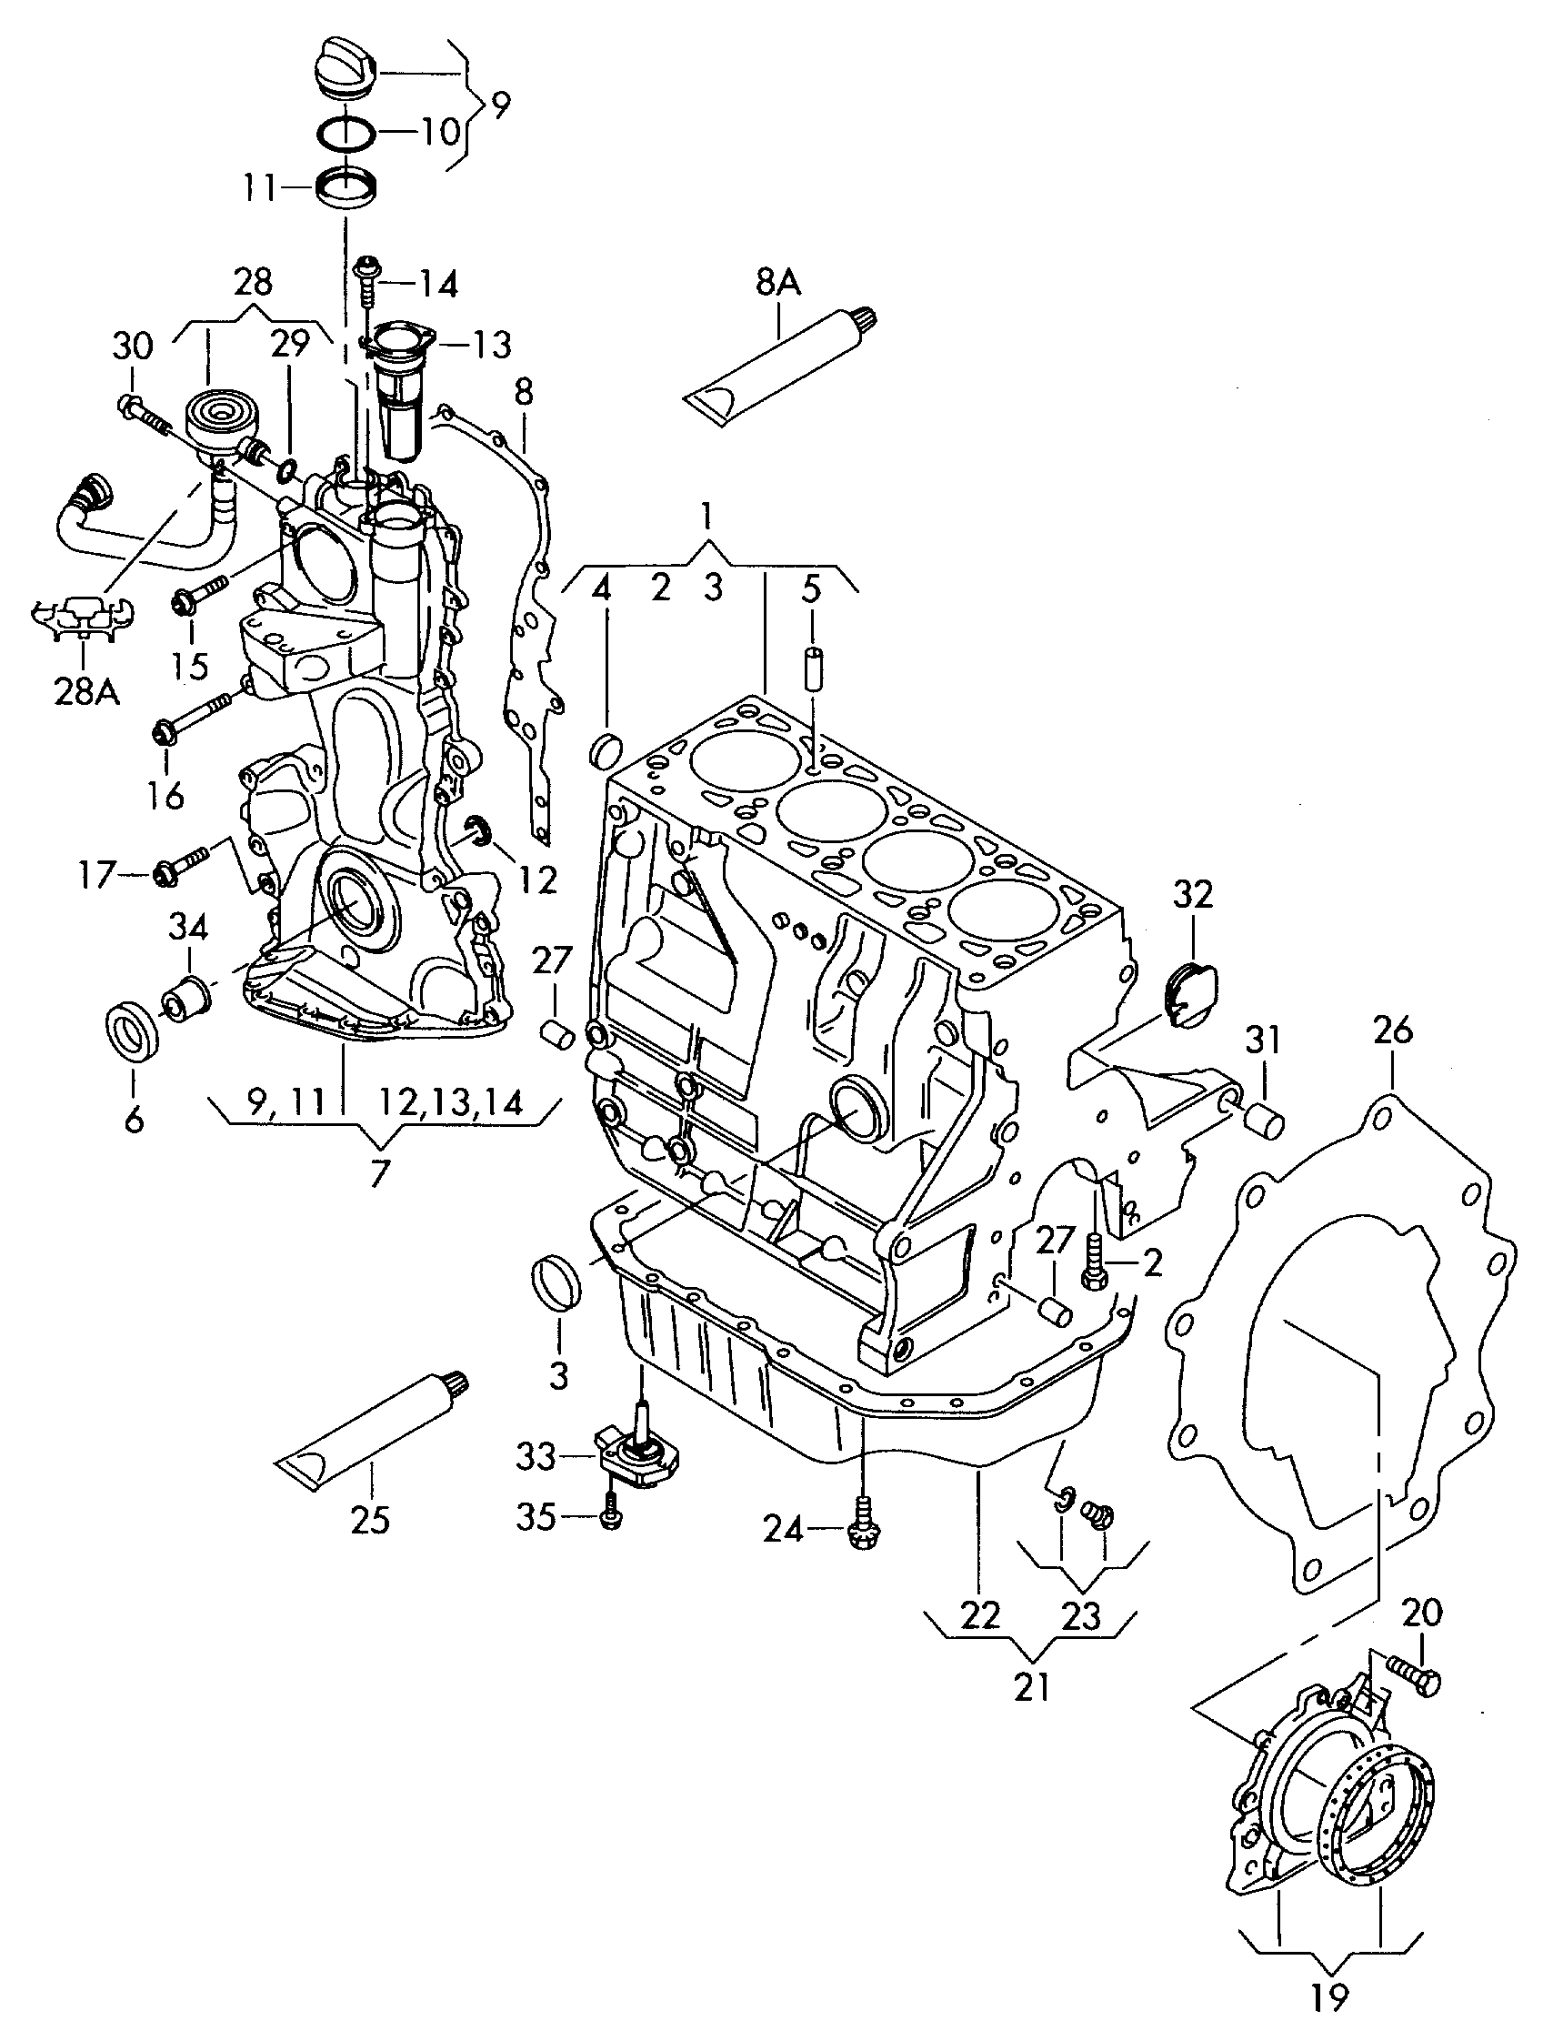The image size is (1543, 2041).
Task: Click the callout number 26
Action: pyautogui.click(x=1392, y=1030)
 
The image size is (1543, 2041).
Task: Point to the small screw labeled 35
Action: pyautogui.click(x=609, y=1516)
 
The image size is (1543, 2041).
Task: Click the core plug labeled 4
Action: pyautogui.click(x=605, y=749)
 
